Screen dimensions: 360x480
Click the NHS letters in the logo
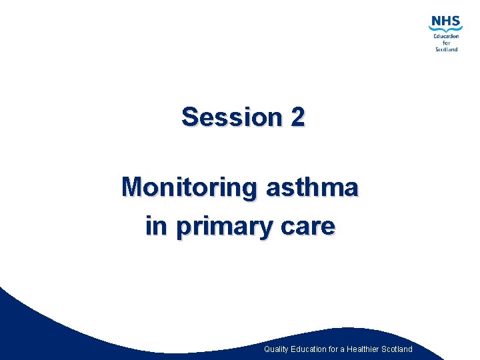coord(445,22)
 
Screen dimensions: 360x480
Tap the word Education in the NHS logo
coord(446,37)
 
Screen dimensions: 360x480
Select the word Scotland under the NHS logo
coord(446,49)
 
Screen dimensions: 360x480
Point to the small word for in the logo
coord(446,43)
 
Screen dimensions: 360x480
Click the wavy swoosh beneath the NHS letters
coord(445,30)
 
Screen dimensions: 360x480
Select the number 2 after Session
coord(297,117)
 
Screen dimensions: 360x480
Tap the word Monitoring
coord(189,187)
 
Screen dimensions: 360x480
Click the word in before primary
coord(156,227)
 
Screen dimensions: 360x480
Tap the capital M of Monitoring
coord(132,187)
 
